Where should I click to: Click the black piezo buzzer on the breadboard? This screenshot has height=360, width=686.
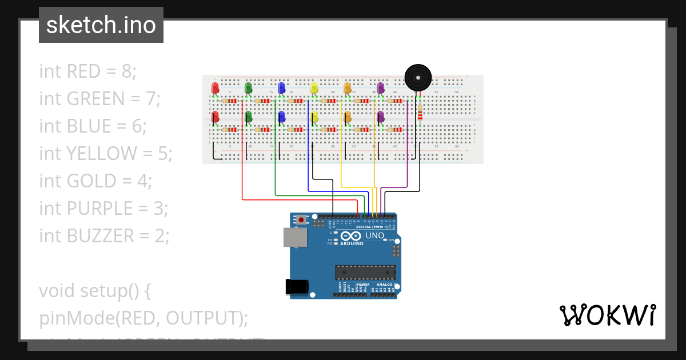pos(418,77)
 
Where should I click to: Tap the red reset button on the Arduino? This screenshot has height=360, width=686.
pos(301,219)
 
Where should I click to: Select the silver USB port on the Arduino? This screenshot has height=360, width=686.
pos(295,237)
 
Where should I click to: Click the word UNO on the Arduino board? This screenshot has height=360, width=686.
pos(375,235)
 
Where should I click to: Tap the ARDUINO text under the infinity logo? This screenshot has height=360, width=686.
pos(352,243)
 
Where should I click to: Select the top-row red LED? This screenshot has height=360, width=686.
pos(215,88)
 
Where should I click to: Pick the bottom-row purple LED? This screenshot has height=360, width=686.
pos(380,117)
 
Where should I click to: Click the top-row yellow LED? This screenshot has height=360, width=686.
pos(314,88)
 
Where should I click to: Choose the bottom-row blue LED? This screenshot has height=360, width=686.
pos(281,117)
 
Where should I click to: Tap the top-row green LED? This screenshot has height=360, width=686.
pos(248,88)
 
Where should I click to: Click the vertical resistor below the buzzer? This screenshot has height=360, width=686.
pos(420,114)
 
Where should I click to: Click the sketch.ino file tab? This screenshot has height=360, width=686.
pos(101,25)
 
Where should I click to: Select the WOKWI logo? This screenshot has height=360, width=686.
pos(607,315)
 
